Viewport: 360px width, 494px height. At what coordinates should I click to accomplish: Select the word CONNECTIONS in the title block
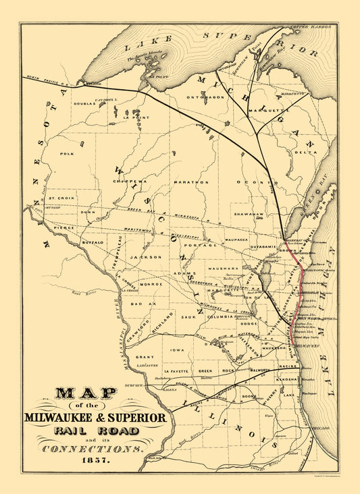(x=93, y=448)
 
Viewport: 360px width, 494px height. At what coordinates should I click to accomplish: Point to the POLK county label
(x=66, y=154)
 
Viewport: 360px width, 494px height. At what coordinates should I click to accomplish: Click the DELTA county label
(x=305, y=153)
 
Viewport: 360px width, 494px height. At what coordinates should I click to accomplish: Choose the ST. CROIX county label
(x=66, y=198)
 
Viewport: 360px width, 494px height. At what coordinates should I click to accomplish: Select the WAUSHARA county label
(x=220, y=269)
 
